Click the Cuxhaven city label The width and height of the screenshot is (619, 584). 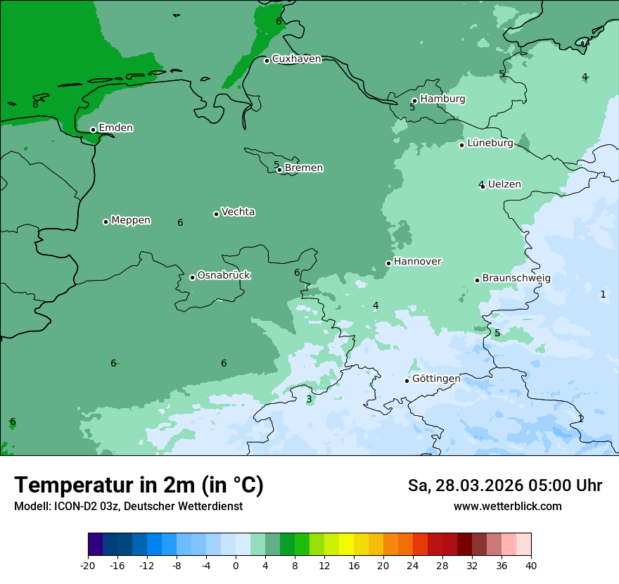pyautogui.click(x=296, y=59)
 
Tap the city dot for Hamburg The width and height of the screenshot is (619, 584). pyautogui.click(x=414, y=101)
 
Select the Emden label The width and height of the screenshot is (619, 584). pyautogui.click(x=115, y=128)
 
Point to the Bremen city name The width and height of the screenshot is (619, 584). pyautogui.click(x=303, y=168)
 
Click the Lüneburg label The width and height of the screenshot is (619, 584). pyautogui.click(x=490, y=143)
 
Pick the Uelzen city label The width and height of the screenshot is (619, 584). pyautogui.click(x=504, y=184)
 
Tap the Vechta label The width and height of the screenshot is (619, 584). pyautogui.click(x=238, y=212)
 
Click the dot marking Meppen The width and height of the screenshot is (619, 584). pyautogui.click(x=106, y=222)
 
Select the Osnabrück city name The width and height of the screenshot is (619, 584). pyautogui.click(x=224, y=275)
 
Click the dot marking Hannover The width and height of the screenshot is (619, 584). pyautogui.click(x=388, y=263)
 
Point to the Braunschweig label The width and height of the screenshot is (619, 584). pyautogui.click(x=516, y=279)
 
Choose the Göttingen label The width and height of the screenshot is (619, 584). pyautogui.click(x=436, y=379)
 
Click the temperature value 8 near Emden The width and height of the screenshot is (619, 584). pyautogui.click(x=35, y=104)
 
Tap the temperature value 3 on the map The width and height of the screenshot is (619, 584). pyautogui.click(x=309, y=400)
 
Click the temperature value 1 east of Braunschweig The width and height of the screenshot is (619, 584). pyautogui.click(x=603, y=294)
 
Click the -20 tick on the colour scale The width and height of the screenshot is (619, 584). pyautogui.click(x=88, y=566)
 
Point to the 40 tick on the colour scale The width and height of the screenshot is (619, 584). pyautogui.click(x=531, y=566)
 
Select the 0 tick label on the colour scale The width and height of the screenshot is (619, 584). pyautogui.click(x=236, y=566)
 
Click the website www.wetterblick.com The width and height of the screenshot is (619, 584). pyautogui.click(x=507, y=507)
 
